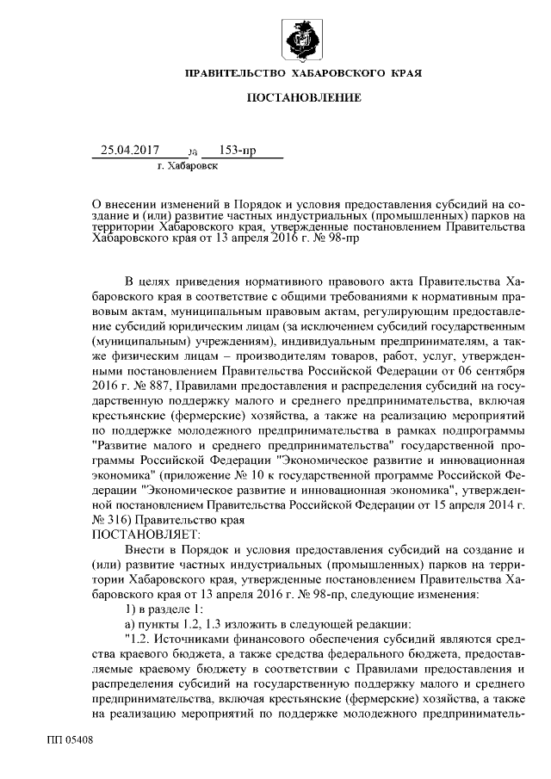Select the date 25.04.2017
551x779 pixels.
tap(130, 150)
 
